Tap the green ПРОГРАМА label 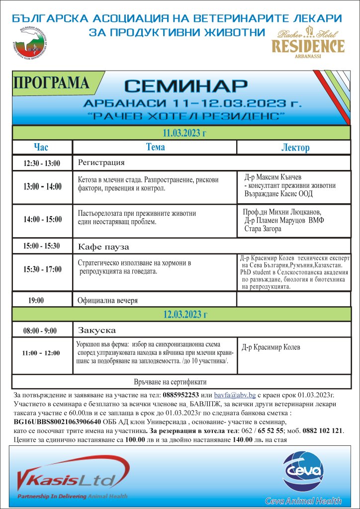click(53, 83)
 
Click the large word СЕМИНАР click(185, 85)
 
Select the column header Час click(42, 147)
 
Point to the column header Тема click(155, 147)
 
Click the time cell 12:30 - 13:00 click(42, 163)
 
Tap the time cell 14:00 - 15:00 click(43, 219)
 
